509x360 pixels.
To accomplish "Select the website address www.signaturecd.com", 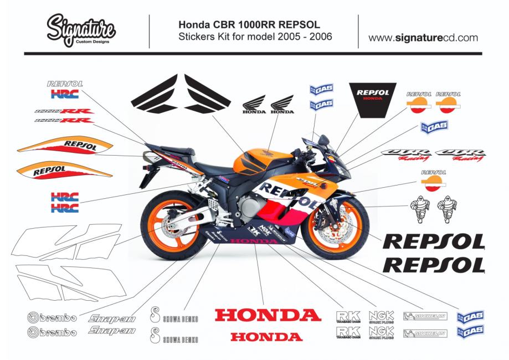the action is pyautogui.click(x=423, y=38).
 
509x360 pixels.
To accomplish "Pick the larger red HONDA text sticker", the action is pyautogui.click(x=268, y=316).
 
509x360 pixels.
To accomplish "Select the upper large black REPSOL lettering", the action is pyautogui.click(x=434, y=242).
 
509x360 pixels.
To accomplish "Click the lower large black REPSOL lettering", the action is pyautogui.click(x=434, y=265).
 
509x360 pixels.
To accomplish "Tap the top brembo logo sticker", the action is pyautogui.click(x=53, y=318).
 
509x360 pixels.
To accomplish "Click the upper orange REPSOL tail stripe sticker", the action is pyautogui.click(x=65, y=147).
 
